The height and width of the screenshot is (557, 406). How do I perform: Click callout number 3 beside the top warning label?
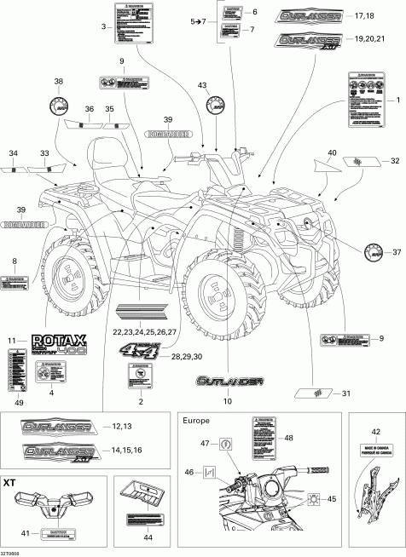click(x=103, y=28)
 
